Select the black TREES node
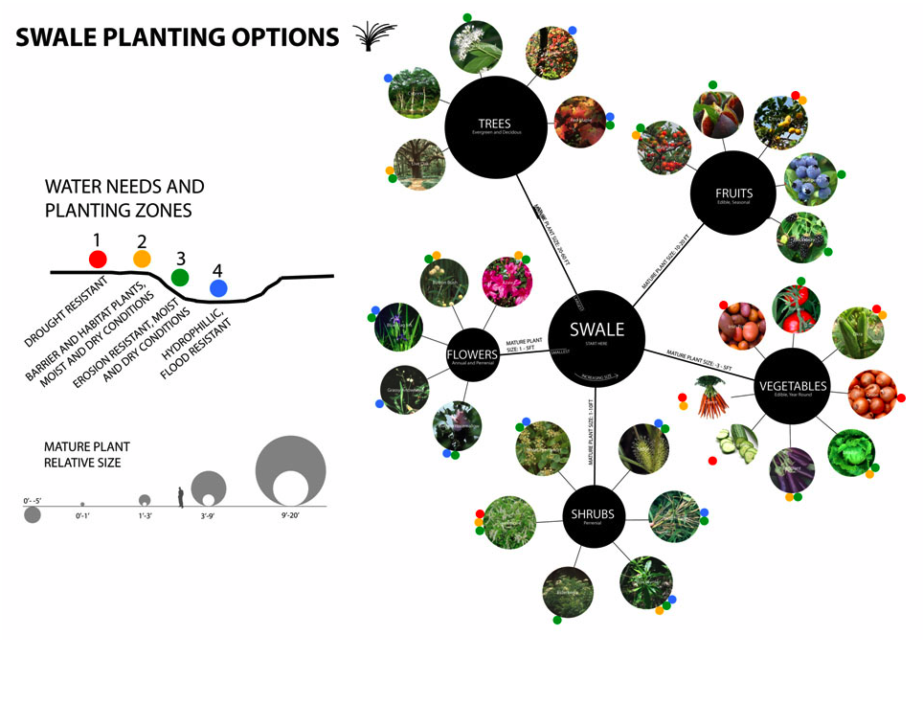496,127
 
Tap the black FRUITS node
733,194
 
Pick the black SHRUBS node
594,515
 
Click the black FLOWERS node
472,355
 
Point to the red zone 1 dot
98,259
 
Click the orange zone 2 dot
142,259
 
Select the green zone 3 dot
180,278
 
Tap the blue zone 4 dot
218,287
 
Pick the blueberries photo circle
810,179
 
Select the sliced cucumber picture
737,443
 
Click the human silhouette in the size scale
181,496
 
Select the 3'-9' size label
208,516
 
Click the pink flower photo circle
507,282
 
